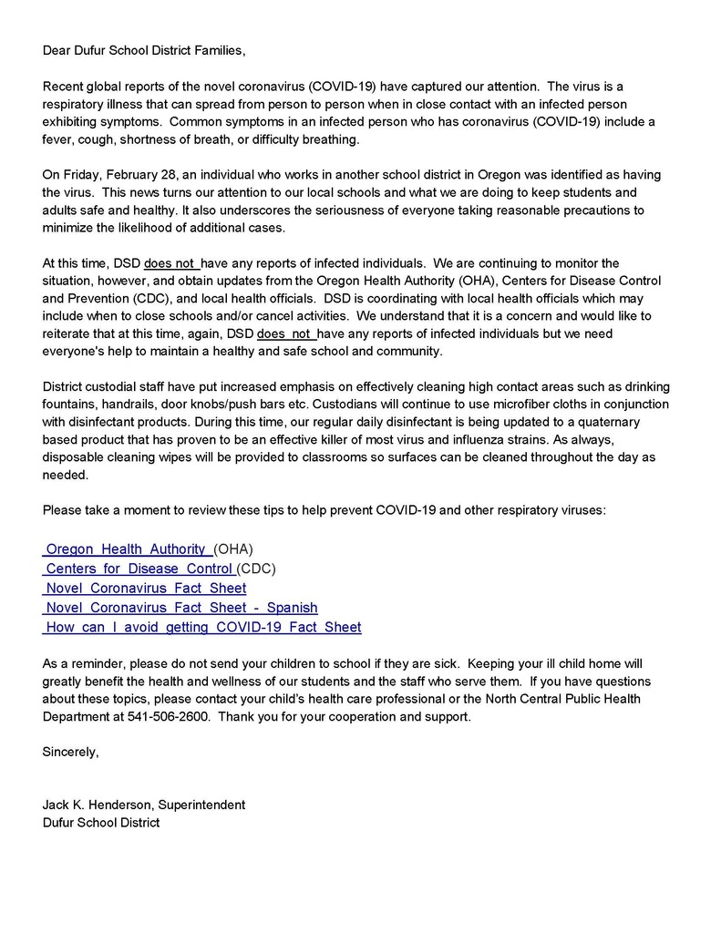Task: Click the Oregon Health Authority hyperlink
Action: point(127,549)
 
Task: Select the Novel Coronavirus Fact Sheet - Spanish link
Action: point(181,607)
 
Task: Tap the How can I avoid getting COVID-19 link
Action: point(202,627)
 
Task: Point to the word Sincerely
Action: point(70,752)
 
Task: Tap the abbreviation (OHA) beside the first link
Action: point(232,549)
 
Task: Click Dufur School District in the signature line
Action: point(100,823)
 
